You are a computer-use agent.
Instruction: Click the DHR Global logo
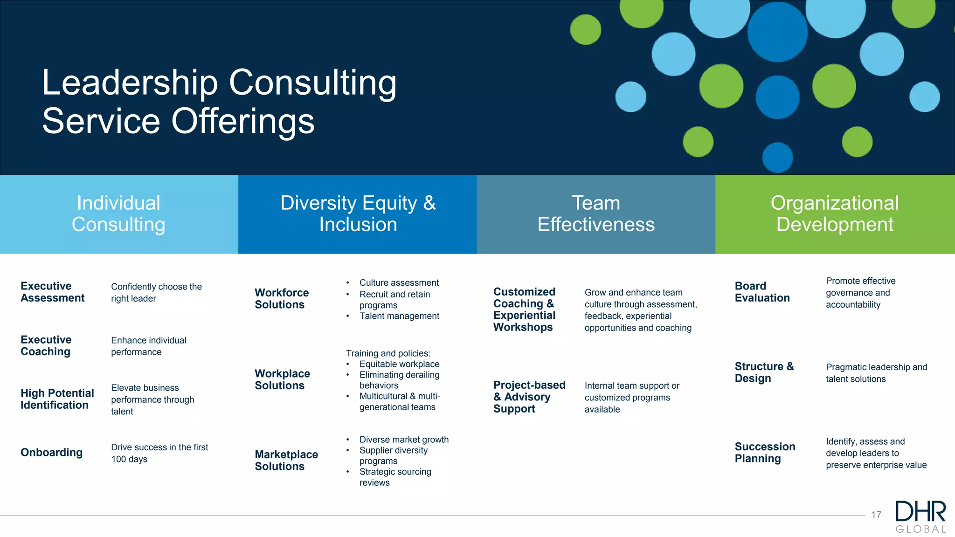point(920,516)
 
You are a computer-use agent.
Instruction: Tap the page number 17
point(876,515)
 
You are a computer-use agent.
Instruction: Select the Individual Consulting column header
point(118,214)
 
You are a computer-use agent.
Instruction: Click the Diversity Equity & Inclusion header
point(358,214)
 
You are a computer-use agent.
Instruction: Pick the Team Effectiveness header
point(596,214)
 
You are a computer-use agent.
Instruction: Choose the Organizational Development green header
point(835,214)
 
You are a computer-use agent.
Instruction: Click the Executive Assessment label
point(52,292)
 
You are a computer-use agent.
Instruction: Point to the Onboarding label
point(51,452)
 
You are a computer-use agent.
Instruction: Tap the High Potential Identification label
point(57,399)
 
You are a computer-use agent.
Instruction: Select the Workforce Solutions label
point(282,298)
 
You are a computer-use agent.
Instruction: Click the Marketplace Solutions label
point(286,460)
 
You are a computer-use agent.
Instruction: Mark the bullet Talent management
point(399,316)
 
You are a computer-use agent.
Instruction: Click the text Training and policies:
point(388,353)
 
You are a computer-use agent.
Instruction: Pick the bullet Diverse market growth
point(404,440)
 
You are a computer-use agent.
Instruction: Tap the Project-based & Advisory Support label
point(529,397)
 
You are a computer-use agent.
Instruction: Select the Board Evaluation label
point(762,292)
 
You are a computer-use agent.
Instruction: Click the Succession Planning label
point(765,452)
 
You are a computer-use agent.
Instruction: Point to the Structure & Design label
point(764,372)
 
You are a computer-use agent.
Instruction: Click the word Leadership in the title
point(130,83)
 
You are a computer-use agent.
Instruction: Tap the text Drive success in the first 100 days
point(159,453)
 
